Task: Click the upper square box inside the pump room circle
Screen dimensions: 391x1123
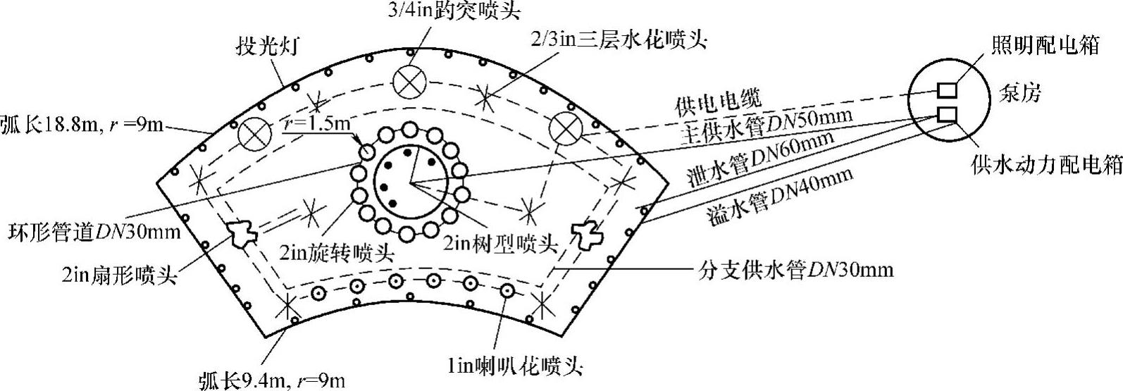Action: pyautogui.click(x=946, y=90)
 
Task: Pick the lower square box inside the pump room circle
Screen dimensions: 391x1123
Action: pyautogui.click(x=946, y=113)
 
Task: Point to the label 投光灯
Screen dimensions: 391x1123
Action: pyautogui.click(x=269, y=48)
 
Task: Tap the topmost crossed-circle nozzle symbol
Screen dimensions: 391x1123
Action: pyautogui.click(x=409, y=82)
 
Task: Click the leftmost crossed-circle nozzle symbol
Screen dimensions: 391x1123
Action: pyautogui.click(x=252, y=134)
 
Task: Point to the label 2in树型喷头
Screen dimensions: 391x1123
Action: pyautogui.click(x=500, y=243)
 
